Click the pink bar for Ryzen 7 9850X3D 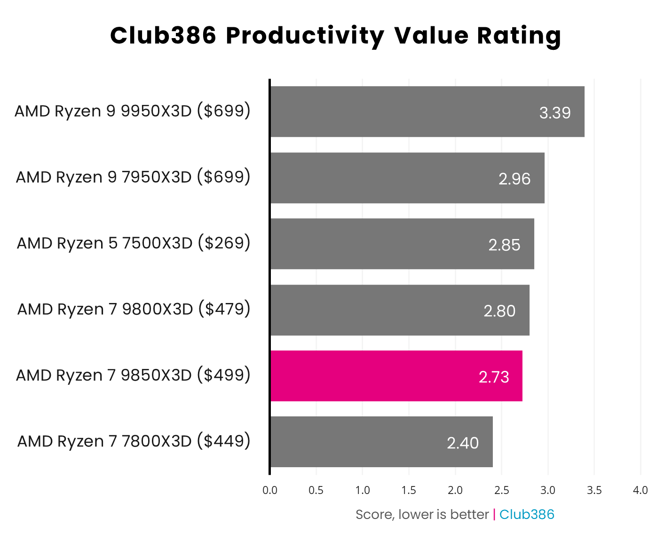point(396,376)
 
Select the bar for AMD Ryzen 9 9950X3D point(427,112)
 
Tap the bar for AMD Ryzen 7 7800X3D point(381,442)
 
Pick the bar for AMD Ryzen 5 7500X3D point(402,244)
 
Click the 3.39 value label point(555,113)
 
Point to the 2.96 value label point(514,179)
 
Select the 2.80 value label point(499,311)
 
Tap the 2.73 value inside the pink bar point(494,377)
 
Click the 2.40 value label point(463,443)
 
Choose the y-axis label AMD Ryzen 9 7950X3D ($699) point(133,177)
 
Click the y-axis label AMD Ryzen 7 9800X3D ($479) point(134,310)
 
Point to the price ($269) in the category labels point(224,243)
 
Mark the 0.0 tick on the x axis point(270,490)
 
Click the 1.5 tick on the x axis point(409,490)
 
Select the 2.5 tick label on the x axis point(501,490)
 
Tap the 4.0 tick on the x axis point(640,490)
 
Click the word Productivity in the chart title point(305,36)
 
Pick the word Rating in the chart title point(519,36)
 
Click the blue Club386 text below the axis point(527,515)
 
